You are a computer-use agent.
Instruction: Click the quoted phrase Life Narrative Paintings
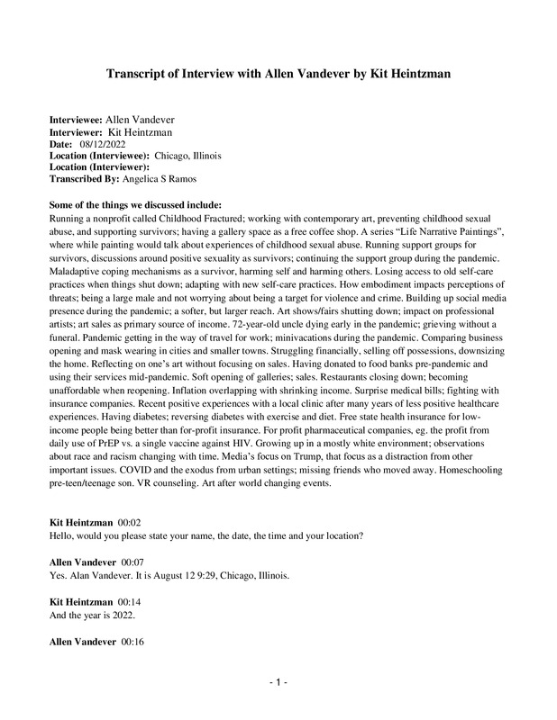pos(409,230)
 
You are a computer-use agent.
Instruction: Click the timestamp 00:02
pos(129,523)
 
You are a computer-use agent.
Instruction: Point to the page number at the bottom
pos(278,684)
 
